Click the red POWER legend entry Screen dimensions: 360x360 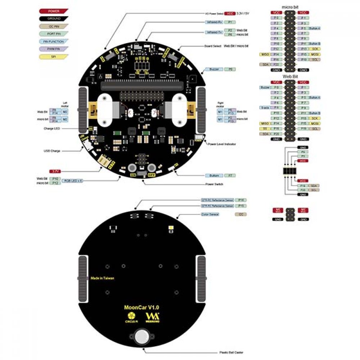click(x=54, y=11)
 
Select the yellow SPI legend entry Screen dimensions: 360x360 click(x=54, y=56)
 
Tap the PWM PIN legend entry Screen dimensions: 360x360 click(x=54, y=49)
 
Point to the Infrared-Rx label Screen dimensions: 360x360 click(x=213, y=22)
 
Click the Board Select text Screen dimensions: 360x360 click(x=212, y=46)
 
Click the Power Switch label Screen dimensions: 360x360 click(x=214, y=184)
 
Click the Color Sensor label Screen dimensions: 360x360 click(x=211, y=214)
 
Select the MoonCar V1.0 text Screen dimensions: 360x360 click(x=141, y=307)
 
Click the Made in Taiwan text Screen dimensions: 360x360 click(x=103, y=278)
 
